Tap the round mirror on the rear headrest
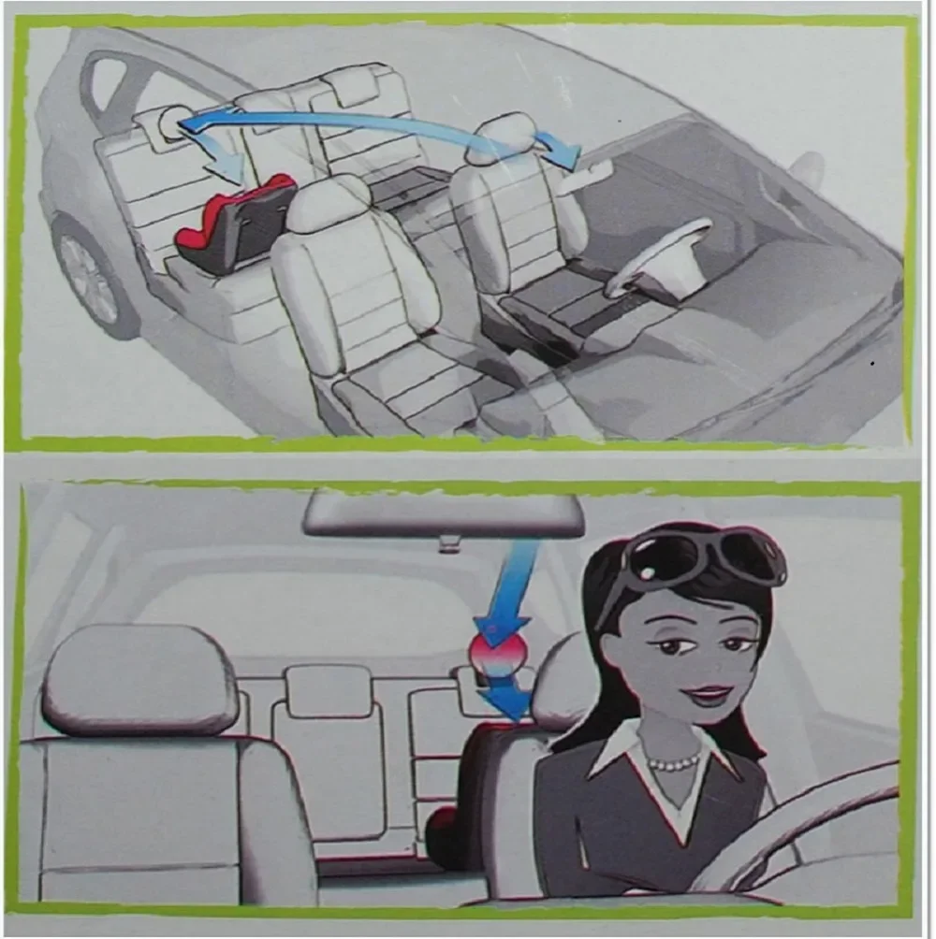[171, 123]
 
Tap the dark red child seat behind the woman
[463, 795]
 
